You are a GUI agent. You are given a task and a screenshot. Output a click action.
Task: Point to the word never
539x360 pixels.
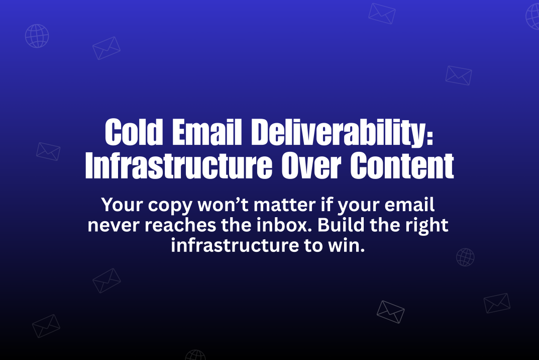pyautogui.click(x=115, y=226)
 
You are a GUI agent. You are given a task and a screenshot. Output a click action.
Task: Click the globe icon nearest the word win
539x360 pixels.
pyautogui.click(x=465, y=257)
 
